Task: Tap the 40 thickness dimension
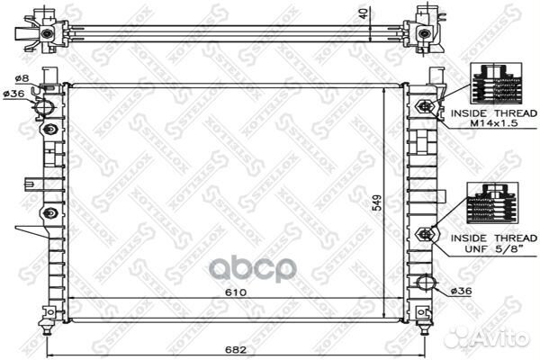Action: (363, 13)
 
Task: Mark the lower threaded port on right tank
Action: (424, 234)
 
